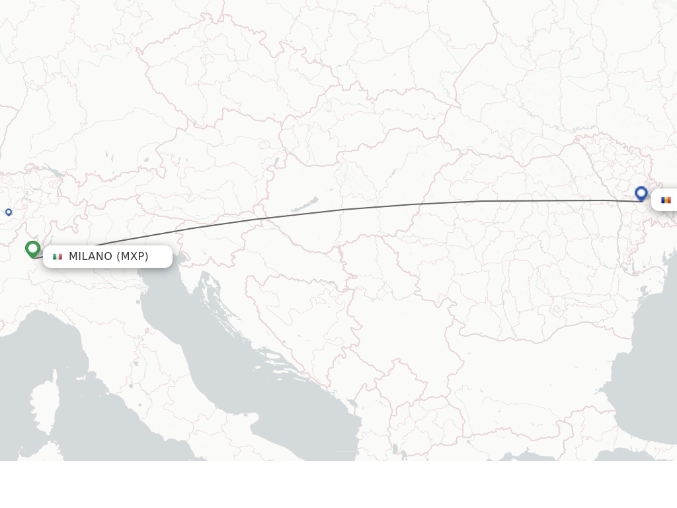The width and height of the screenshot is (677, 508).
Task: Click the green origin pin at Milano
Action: pyautogui.click(x=32, y=249)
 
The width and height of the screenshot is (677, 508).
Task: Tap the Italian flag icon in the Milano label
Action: pyautogui.click(x=58, y=257)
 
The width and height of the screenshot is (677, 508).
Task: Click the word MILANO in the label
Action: pyautogui.click(x=91, y=257)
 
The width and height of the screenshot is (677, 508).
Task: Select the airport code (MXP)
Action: pyautogui.click(x=132, y=257)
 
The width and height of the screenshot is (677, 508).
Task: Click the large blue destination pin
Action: pyautogui.click(x=641, y=193)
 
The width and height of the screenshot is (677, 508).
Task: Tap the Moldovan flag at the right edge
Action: pyautogui.click(x=666, y=200)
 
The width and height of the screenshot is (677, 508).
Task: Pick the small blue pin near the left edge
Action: pyautogui.click(x=9, y=212)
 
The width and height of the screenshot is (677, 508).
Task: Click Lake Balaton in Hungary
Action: pyautogui.click(x=303, y=206)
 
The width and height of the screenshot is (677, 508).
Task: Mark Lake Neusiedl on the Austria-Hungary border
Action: pyautogui.click(x=276, y=163)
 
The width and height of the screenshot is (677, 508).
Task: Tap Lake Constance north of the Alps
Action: pyautogui.click(x=54, y=174)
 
